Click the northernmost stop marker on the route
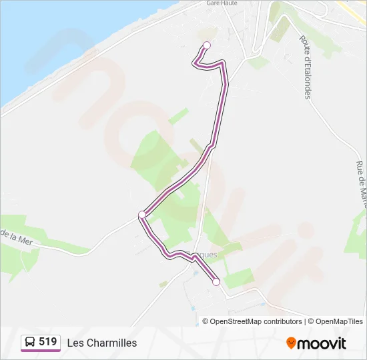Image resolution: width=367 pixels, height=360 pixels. (x=207, y=45)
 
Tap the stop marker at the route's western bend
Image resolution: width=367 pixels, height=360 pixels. (x=141, y=214)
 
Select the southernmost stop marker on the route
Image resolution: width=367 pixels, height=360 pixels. (x=216, y=282)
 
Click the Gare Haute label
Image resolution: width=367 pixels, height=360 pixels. (x=222, y=3)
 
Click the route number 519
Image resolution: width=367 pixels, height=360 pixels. (x=47, y=342)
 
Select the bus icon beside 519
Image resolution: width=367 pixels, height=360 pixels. (x=31, y=343)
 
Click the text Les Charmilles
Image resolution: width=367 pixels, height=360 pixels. (x=102, y=343)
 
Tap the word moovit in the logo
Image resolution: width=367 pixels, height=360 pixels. (x=322, y=343)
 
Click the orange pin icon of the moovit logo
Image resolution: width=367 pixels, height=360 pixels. (x=291, y=343)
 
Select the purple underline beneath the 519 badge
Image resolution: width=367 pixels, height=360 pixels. (x=41, y=351)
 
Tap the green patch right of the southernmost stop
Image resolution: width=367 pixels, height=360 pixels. (x=239, y=277)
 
